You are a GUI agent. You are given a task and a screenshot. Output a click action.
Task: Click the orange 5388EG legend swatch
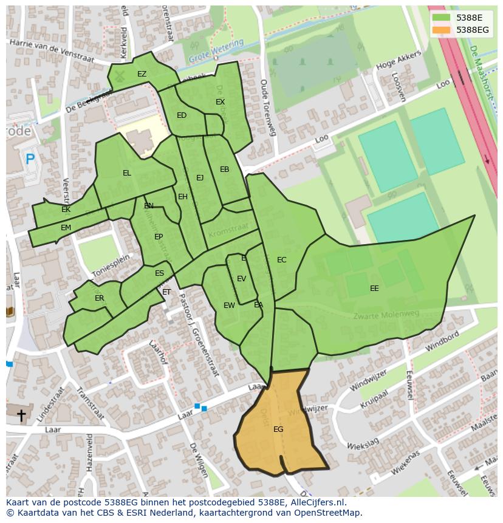[x=442, y=30]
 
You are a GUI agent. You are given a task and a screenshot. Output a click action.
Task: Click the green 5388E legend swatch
[x=442, y=18]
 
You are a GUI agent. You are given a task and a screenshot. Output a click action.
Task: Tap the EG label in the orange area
[x=278, y=429]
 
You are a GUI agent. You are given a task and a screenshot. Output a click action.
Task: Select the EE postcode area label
[x=374, y=289]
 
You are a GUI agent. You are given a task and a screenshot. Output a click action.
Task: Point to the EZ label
[x=142, y=75]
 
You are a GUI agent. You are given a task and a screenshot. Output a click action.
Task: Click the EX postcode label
[x=220, y=102]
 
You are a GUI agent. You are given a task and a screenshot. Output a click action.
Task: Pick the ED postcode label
[x=182, y=115]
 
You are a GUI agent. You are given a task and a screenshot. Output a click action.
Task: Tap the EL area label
[x=126, y=173]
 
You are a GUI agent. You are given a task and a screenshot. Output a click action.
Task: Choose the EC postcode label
[x=281, y=260]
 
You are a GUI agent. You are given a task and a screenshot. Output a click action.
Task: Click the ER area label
[x=100, y=298]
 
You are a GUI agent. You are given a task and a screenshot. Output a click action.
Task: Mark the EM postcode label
[x=66, y=228]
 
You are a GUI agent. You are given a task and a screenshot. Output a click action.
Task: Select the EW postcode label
[x=228, y=306]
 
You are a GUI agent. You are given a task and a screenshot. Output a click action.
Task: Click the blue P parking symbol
[x=30, y=160]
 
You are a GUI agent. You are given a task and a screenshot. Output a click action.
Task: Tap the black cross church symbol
[x=21, y=415]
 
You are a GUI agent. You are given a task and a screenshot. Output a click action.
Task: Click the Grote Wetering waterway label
[x=215, y=52]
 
